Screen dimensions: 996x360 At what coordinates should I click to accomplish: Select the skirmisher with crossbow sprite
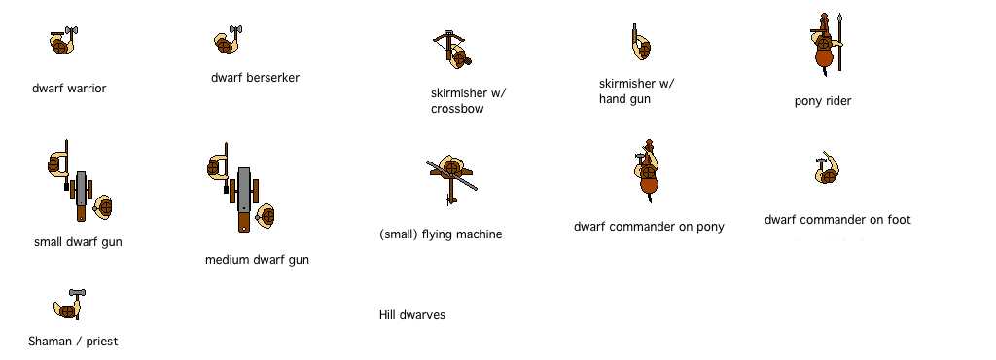click(x=453, y=49)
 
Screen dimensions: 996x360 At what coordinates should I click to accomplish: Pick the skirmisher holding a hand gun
click(x=639, y=45)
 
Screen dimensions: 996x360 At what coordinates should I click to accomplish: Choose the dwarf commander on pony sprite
click(x=646, y=172)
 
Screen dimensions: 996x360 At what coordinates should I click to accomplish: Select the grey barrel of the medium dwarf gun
click(x=243, y=189)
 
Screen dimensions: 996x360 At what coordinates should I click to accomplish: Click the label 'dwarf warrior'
click(x=68, y=89)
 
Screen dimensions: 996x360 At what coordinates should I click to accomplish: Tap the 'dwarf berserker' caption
click(x=255, y=78)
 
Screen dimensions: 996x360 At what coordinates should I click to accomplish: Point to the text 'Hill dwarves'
click(x=412, y=315)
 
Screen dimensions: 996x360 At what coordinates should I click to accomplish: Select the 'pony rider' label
click(x=822, y=101)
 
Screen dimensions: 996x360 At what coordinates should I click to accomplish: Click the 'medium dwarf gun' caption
click(x=257, y=260)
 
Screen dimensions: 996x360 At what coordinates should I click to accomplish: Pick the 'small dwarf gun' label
click(x=78, y=242)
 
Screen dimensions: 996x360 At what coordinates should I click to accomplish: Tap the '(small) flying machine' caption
click(x=441, y=234)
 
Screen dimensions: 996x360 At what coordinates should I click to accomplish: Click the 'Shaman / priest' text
click(x=74, y=342)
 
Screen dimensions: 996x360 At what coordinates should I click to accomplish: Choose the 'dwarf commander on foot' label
click(x=837, y=220)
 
